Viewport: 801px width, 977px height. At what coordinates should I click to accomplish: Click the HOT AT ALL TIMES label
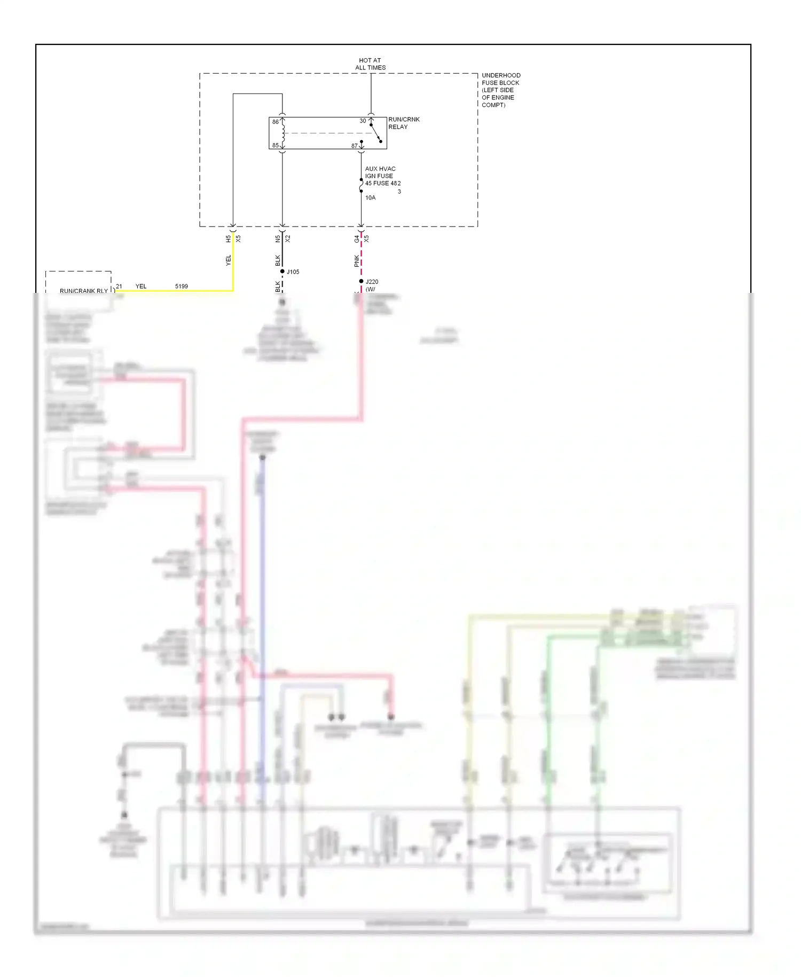[x=370, y=64]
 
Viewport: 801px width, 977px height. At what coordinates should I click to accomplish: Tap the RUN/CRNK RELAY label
[x=403, y=123]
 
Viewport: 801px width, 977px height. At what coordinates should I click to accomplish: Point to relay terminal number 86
[x=276, y=122]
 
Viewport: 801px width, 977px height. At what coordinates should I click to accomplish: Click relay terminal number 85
[x=276, y=145]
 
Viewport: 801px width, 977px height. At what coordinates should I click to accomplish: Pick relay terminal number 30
[x=363, y=121]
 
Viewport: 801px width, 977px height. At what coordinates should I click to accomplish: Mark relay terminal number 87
[x=354, y=145]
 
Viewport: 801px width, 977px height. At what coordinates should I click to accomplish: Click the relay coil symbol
[x=283, y=134]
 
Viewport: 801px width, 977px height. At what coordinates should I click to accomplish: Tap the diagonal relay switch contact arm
[x=376, y=133]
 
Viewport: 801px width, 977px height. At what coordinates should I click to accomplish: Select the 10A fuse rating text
[x=370, y=198]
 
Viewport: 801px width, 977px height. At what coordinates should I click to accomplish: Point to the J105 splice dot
[x=282, y=272]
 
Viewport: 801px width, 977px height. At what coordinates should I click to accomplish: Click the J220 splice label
[x=372, y=282]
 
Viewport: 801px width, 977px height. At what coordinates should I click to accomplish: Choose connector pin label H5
[x=228, y=239]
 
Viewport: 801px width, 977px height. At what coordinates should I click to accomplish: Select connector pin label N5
[x=278, y=239]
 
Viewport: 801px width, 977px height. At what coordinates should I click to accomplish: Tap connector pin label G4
[x=357, y=239]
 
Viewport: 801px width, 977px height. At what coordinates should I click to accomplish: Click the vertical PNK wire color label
[x=357, y=261]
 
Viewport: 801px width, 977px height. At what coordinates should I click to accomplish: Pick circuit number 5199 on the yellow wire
[x=182, y=286]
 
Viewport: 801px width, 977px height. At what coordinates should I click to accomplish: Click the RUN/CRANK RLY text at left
[x=83, y=291]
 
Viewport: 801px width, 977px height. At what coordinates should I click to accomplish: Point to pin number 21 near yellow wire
[x=119, y=286]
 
